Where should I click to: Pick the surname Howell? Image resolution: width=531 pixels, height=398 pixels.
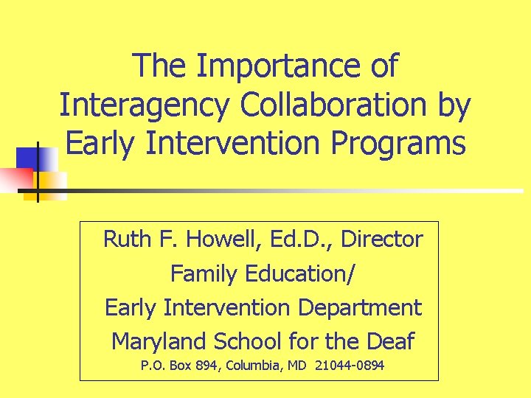(219, 240)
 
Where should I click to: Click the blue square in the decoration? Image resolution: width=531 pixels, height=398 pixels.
(34, 158)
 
